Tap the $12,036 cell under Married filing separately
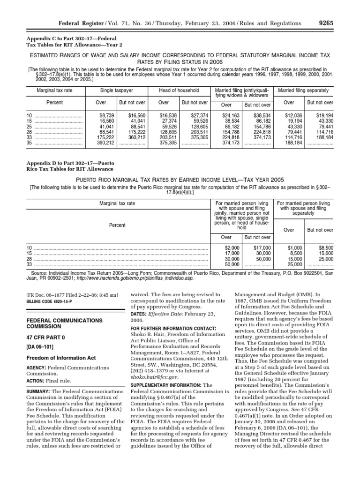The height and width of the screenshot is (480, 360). click(293, 115)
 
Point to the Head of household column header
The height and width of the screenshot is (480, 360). click(179, 90)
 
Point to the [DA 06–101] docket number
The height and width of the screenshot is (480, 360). click(43, 347)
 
